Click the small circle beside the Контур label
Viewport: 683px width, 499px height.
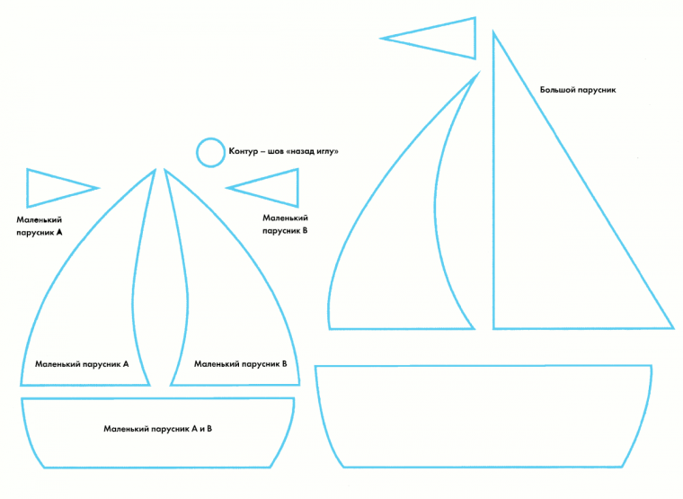pyautogui.click(x=210, y=152)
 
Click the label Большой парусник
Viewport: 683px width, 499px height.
pyautogui.click(x=577, y=90)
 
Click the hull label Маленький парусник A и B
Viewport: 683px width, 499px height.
pyautogui.click(x=157, y=429)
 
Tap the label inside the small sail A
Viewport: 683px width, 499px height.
pyautogui.click(x=82, y=364)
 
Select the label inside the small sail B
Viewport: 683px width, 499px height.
pyautogui.click(x=240, y=364)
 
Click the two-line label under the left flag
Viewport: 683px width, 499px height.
pyautogui.click(x=40, y=225)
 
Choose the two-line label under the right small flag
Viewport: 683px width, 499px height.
pyautogui.click(x=285, y=224)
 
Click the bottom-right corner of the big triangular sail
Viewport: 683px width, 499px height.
pyautogui.click(x=671, y=327)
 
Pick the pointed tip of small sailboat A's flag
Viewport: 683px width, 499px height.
pyautogui.click(x=97, y=188)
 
